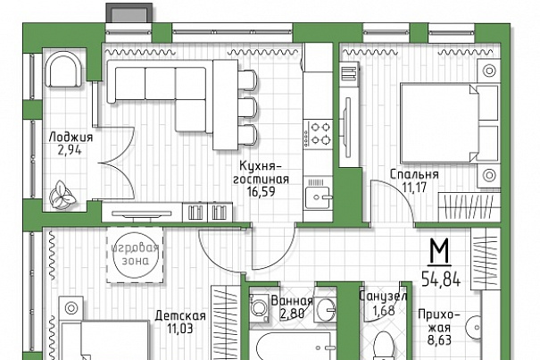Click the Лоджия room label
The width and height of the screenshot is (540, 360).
pos(71,137)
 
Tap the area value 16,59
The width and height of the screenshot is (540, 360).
pos(261,191)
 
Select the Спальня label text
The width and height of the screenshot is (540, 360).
pos(414,174)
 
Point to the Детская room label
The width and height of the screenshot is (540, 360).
pos(180,315)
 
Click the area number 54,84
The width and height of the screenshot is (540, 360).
pos(441,279)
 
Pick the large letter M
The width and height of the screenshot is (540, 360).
pos(439,251)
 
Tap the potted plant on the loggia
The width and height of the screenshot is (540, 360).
pos(62,195)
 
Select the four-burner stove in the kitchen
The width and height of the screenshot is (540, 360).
pos(319,133)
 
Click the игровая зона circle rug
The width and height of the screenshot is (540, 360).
pos(135,255)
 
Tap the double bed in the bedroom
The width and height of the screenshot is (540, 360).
pos(450,123)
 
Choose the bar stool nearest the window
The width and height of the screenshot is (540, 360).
pos(247,80)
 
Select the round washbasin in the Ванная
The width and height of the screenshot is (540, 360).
pos(326,309)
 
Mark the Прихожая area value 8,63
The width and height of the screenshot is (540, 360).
pos(439,340)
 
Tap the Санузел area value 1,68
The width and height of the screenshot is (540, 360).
pos(383,310)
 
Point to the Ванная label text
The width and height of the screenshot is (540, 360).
pos(292,301)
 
